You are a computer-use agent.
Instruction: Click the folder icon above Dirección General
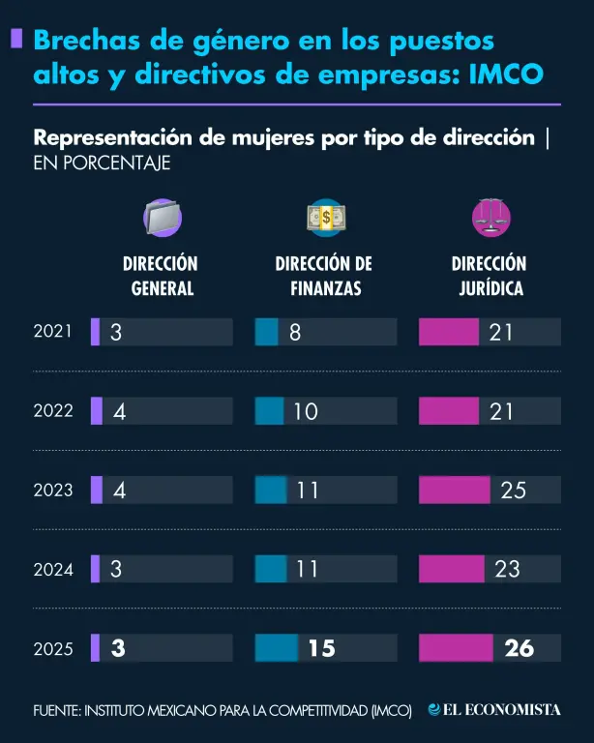coord(163,218)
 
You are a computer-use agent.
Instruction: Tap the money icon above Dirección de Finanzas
coord(326,218)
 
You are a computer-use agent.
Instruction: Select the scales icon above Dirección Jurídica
coord(490,218)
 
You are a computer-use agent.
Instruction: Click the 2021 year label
coord(53,331)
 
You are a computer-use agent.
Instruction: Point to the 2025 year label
coord(53,649)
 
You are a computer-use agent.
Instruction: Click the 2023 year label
coord(53,490)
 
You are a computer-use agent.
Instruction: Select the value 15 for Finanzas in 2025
coord(321,648)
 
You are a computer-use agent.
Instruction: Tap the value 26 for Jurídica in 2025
coord(519,648)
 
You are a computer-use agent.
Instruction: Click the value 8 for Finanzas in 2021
coord(295,332)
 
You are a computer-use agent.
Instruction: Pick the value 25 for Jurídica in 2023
coord(514,490)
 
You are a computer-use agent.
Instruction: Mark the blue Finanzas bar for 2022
coord(269,411)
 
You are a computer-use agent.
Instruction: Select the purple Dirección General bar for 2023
coord(96,490)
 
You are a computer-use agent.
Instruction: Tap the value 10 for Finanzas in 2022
coord(306,411)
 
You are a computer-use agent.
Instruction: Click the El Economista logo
coord(494,710)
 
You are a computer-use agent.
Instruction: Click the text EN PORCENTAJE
coord(102,163)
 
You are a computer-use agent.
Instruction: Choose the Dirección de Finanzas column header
coord(324,276)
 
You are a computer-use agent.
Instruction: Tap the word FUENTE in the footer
coord(56,711)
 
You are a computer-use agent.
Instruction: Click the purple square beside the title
coord(16,39)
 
